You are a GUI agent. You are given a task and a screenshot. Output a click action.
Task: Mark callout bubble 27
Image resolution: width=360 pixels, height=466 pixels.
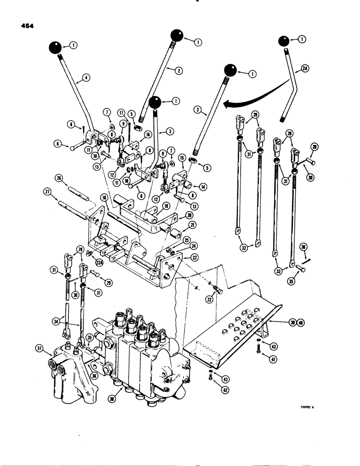click(x=47, y=191)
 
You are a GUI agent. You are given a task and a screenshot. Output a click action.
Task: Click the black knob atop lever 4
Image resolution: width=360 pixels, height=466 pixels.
click(x=55, y=47)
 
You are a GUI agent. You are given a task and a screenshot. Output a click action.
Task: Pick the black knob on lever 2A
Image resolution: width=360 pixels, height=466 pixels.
click(x=284, y=41)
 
